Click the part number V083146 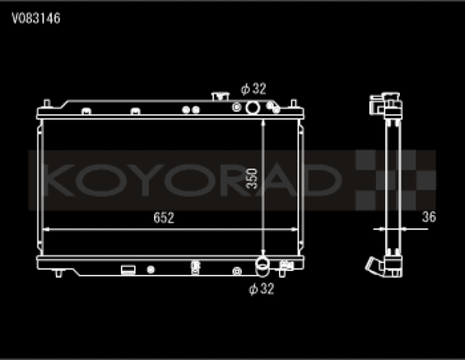35,17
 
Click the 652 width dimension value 163,218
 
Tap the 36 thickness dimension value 428,217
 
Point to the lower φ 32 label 262,289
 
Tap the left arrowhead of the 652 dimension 44,228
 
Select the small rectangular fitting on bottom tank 127,269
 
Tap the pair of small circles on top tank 191,108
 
